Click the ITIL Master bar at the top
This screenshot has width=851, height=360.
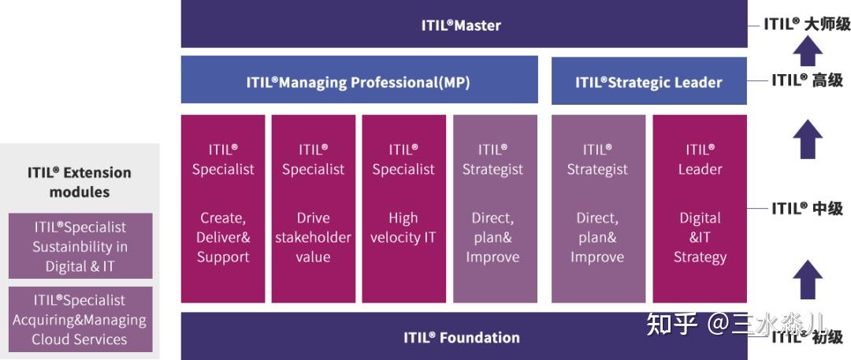pyautogui.click(x=463, y=24)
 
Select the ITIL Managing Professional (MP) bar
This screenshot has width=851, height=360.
pyautogui.click(x=359, y=82)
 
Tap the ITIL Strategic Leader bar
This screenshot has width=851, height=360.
pyautogui.click(x=648, y=82)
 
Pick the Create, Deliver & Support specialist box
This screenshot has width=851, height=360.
pyautogui.click(x=223, y=209)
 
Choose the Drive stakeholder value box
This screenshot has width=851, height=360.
pyautogui.click(x=313, y=209)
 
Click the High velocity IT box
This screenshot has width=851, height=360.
pyautogui.click(x=403, y=209)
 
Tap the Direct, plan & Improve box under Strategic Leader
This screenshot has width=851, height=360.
pyautogui.click(x=597, y=209)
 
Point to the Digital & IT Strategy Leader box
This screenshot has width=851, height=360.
pyautogui.click(x=700, y=209)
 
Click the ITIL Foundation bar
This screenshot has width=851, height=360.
pyautogui.click(x=463, y=337)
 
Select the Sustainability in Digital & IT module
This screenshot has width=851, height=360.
pyautogui.click(x=80, y=247)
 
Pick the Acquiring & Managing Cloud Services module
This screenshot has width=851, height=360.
pyautogui.click(x=80, y=320)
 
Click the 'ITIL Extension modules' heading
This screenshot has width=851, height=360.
pyautogui.click(x=80, y=182)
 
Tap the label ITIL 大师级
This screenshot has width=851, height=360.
pyautogui.click(x=807, y=24)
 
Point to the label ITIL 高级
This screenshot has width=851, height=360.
pyautogui.click(x=807, y=80)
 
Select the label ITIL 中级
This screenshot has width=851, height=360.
pyautogui.click(x=807, y=209)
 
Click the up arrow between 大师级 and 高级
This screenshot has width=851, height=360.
pyautogui.click(x=807, y=52)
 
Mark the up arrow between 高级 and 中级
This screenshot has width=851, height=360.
pyautogui.click(x=807, y=140)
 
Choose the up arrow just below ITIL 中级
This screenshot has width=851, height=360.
pyautogui.click(x=807, y=279)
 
